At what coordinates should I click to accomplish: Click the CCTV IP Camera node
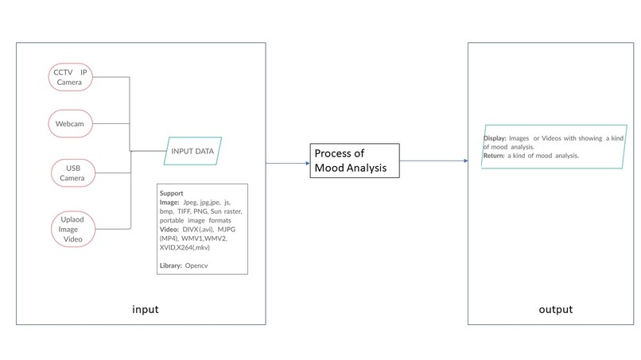70,77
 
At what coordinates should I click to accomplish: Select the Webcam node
70,123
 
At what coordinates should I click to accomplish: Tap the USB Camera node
73,173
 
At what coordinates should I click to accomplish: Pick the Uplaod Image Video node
73,229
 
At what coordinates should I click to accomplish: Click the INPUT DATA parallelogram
192,151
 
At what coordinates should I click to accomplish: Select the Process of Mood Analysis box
355,161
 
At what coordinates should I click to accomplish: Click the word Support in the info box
171,193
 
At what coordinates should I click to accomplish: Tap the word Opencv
196,265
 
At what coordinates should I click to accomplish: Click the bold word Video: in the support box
169,229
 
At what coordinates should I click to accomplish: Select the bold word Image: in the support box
169,203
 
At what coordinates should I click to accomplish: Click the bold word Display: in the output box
495,138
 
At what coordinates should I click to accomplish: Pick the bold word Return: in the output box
494,156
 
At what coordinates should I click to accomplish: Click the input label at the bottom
145,309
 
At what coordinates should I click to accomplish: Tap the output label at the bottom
556,310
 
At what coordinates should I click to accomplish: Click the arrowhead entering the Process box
308,164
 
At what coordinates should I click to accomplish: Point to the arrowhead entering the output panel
465,161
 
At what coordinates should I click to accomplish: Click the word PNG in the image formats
200,211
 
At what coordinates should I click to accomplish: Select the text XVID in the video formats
167,247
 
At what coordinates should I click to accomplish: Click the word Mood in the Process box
329,168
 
